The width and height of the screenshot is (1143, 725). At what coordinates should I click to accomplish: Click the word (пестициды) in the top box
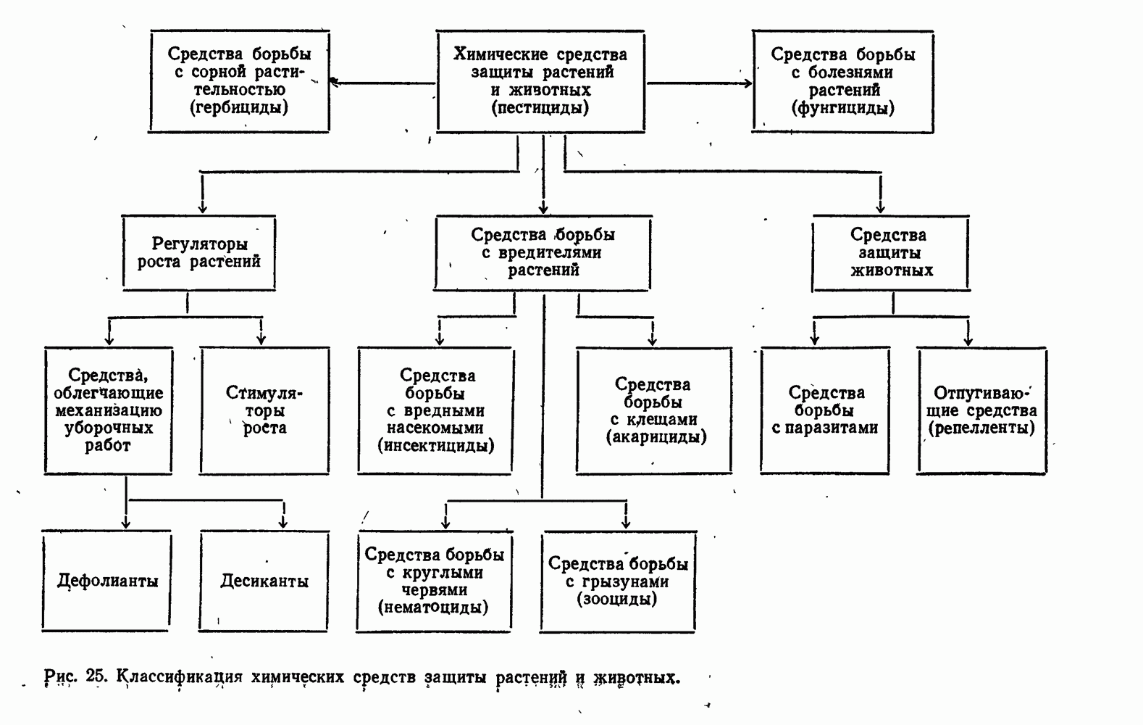tap(540, 108)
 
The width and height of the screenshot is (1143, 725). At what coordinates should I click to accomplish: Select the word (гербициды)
tap(239, 108)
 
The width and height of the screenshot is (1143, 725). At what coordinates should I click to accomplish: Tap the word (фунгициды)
tap(843, 108)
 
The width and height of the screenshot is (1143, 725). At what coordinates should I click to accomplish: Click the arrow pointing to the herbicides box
tap(340, 82)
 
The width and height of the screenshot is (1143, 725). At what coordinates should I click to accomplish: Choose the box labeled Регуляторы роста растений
tap(199, 252)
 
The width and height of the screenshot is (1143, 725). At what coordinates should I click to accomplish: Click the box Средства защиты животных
tap(890, 252)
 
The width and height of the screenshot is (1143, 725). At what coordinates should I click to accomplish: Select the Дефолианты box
tap(107, 581)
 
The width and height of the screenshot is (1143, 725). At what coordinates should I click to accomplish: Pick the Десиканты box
tap(264, 581)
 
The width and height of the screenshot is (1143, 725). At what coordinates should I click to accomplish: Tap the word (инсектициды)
tap(436, 445)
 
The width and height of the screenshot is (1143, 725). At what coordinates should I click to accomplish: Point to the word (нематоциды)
tap(433, 607)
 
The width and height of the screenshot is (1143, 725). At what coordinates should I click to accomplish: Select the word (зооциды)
tap(617, 599)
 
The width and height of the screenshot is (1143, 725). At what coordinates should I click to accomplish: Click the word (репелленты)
tap(981, 428)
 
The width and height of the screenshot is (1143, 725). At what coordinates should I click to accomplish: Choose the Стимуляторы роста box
tap(264, 410)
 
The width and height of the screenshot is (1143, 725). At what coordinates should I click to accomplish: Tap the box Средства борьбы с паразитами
tap(825, 410)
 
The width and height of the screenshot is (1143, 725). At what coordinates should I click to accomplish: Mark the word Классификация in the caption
tap(180, 677)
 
